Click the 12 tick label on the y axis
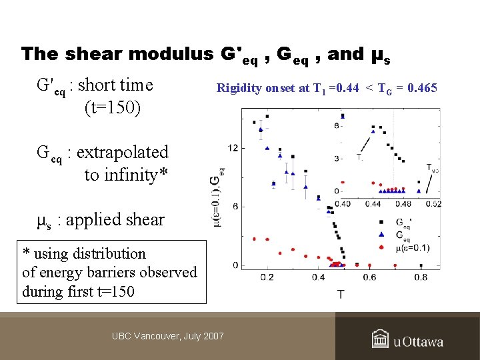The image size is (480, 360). pos(233,147)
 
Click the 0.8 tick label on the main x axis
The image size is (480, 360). pos(421,277)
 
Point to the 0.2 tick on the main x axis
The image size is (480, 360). pos(267,277)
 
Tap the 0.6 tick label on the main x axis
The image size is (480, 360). pos(369,277)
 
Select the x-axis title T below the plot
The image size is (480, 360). pos(341,293)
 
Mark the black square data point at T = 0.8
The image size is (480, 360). pos(420,264)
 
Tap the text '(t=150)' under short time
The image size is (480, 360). pos(112,107)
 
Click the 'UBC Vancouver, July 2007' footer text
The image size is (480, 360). pos(167,336)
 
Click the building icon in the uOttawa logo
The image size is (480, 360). pos(381,339)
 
